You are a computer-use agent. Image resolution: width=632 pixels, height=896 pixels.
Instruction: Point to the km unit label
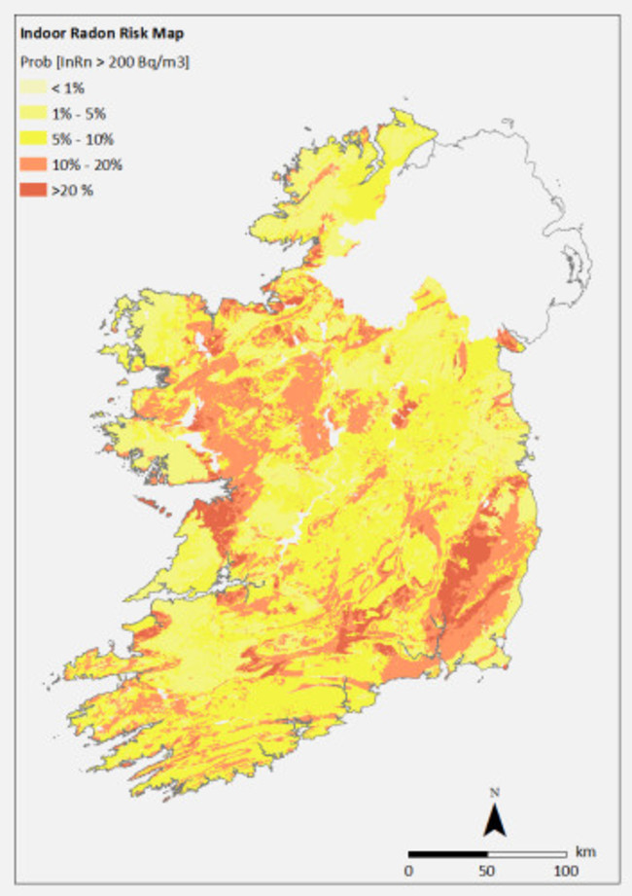point(584,851)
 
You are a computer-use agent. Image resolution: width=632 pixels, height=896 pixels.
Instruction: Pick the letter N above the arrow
point(494,793)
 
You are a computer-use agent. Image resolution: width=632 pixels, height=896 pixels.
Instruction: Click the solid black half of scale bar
point(446,852)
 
